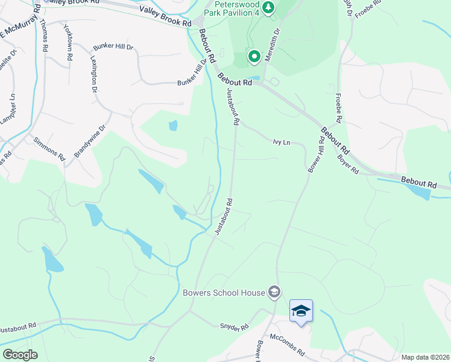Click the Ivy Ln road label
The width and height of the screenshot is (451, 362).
pyautogui.click(x=282, y=142)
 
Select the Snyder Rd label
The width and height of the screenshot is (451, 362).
pyautogui.click(x=233, y=328)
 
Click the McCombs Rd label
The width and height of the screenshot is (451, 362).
pyautogui.click(x=287, y=345)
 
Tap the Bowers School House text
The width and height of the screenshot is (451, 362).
pyautogui.click(x=224, y=293)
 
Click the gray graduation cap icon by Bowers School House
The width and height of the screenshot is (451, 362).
pyautogui.click(x=274, y=293)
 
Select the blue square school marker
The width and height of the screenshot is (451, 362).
pyautogui.click(x=301, y=311)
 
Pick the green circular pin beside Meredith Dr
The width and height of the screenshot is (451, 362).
pyautogui.click(x=254, y=57)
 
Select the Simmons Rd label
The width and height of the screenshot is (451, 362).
pyautogui.click(x=49, y=148)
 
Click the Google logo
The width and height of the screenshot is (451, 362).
pyautogui.click(x=20, y=355)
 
